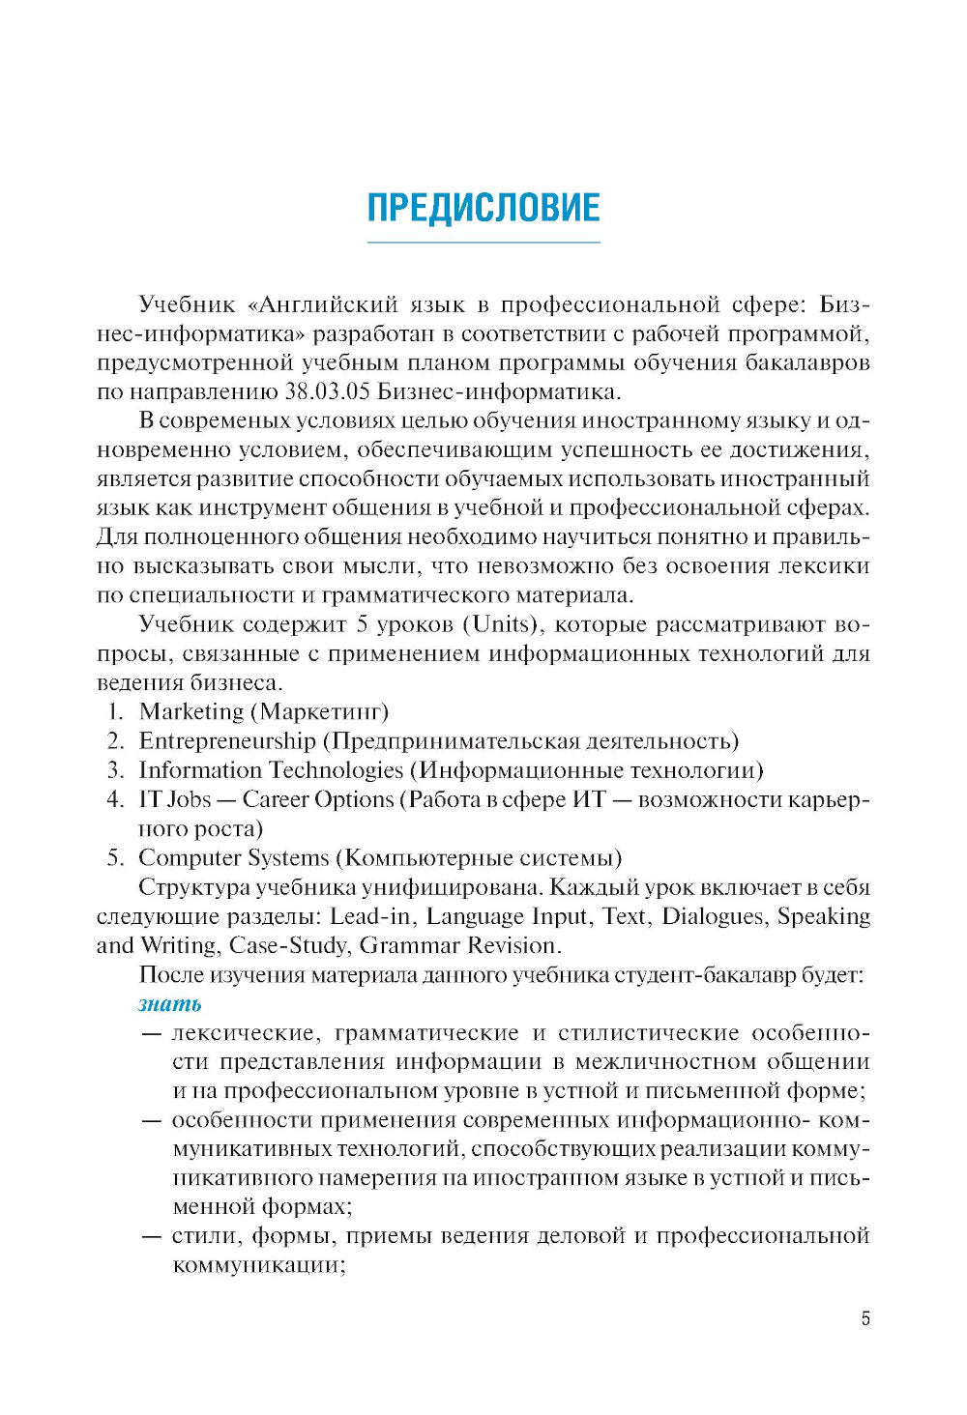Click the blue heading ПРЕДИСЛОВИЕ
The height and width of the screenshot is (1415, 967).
[483, 208]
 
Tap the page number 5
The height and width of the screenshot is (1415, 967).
[865, 1318]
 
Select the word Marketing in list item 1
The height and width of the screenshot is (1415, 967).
[191, 712]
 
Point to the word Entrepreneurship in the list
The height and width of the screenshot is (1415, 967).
[227, 741]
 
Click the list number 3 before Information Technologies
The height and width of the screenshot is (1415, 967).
[114, 770]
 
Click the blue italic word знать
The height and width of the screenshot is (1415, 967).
[170, 1003]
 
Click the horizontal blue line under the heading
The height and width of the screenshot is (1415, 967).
[483, 242]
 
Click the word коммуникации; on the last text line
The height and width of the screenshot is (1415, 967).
[259, 1265]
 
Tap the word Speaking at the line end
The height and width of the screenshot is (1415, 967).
[824, 915]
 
